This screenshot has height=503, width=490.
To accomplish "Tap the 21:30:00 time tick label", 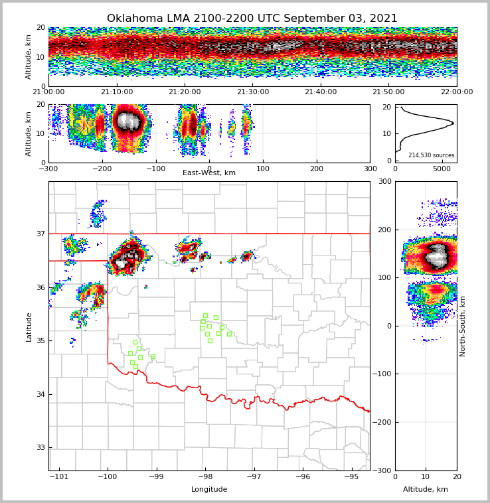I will pyautogui.click(x=253, y=92).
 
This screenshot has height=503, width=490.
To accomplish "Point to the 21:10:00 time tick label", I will pyautogui.click(x=116, y=92).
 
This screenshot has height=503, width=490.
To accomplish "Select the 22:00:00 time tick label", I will pyautogui.click(x=456, y=92).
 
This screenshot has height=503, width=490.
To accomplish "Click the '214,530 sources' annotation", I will pyautogui.click(x=431, y=155).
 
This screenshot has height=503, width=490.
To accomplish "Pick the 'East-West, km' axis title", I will pyautogui.click(x=209, y=173).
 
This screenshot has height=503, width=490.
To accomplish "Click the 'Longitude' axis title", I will pyautogui.click(x=209, y=490).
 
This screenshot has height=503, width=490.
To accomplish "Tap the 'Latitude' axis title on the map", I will pyautogui.click(x=29, y=326).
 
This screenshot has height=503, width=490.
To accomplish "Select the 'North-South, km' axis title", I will pyautogui.click(x=463, y=326).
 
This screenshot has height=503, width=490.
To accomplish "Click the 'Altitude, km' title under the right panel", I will pyautogui.click(x=426, y=490).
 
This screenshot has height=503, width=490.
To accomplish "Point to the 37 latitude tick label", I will pyautogui.click(x=40, y=234).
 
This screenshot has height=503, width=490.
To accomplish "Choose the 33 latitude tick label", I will pyautogui.click(x=40, y=448).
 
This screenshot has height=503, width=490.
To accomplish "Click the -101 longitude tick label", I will pyautogui.click(x=59, y=476).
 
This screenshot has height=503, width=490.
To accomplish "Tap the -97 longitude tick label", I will pyautogui.click(x=254, y=476).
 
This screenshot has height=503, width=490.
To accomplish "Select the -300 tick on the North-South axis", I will pyautogui.click(x=383, y=470).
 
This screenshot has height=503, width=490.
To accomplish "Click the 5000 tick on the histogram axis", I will pyautogui.click(x=442, y=169).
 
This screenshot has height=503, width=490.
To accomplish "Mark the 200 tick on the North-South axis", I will pyautogui.click(x=385, y=230).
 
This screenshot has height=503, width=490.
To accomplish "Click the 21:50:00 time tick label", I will pyautogui.click(x=388, y=92).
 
